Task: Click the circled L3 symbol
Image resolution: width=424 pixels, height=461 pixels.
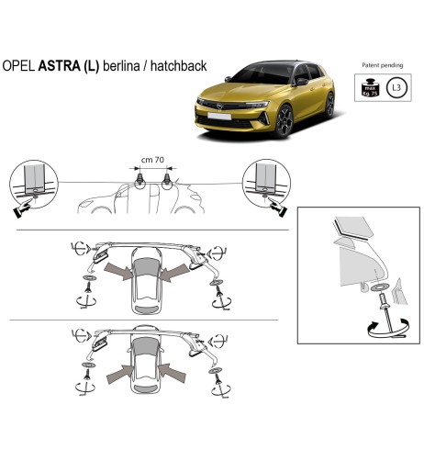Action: [396, 88]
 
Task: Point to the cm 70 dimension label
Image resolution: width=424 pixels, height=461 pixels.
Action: [151, 160]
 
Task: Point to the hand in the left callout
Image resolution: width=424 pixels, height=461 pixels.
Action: [19, 208]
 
